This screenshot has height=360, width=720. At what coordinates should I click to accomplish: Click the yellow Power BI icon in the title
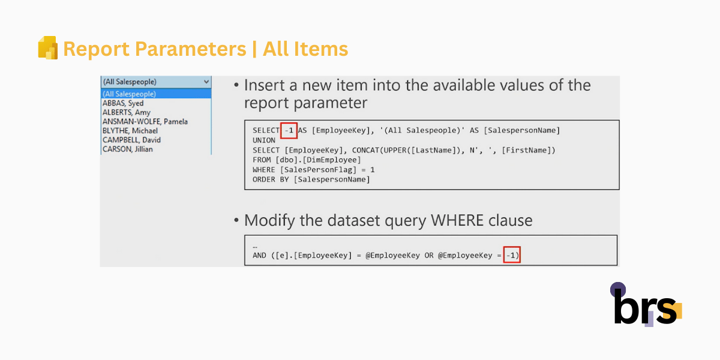click(x=48, y=47)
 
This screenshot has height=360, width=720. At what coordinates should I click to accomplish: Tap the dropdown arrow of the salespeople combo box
click(x=206, y=82)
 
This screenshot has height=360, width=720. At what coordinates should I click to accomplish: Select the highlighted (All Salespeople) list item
click(x=156, y=94)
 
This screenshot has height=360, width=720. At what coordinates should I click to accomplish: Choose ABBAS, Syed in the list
click(x=123, y=103)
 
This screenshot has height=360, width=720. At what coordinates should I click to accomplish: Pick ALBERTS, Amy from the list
click(x=127, y=113)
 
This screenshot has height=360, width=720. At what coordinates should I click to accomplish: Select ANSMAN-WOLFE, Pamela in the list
click(x=145, y=121)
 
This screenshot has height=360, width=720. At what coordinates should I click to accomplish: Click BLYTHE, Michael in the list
click(x=130, y=131)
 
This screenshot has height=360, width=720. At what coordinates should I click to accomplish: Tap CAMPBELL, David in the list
click(x=131, y=140)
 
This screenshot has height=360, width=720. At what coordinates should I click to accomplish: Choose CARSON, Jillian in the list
click(x=128, y=149)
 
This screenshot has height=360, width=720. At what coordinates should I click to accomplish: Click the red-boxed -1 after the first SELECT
click(x=289, y=131)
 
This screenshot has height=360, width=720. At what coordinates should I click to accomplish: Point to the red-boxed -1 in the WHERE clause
click(x=512, y=255)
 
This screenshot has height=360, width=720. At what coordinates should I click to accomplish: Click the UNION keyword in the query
click(x=264, y=140)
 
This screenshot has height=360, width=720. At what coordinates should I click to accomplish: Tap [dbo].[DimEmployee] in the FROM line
click(x=318, y=160)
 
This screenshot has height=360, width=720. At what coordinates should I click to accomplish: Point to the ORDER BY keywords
click(x=271, y=179)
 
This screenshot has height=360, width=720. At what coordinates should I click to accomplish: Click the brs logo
click(x=646, y=304)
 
